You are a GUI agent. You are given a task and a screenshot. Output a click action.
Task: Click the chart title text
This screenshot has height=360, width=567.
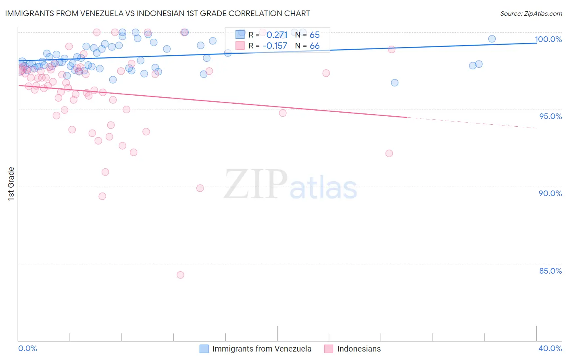pyautogui.click(x=157, y=13)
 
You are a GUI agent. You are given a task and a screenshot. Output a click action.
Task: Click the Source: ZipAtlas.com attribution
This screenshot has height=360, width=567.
pyautogui.click(x=531, y=13)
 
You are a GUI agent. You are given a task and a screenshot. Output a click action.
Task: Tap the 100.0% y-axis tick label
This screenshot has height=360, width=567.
pyautogui.click(x=548, y=39)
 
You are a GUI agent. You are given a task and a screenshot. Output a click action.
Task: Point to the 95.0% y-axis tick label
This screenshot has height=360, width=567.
pyautogui.click(x=550, y=116)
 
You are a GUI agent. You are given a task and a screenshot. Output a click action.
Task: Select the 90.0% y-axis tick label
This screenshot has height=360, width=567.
pyautogui.click(x=550, y=193)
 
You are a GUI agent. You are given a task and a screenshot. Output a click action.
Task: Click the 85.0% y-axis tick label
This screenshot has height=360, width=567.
pyautogui.click(x=550, y=271)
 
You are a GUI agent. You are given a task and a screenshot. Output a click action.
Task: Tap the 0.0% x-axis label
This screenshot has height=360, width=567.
pyautogui.click(x=27, y=348)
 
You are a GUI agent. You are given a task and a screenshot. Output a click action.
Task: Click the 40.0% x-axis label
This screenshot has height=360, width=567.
pyautogui.click(x=550, y=348)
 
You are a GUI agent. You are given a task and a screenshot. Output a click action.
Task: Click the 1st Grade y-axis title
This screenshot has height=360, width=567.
pyautogui.click(x=11, y=184)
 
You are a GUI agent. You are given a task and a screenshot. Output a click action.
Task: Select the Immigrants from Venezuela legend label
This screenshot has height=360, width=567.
pyautogui.click(x=262, y=349)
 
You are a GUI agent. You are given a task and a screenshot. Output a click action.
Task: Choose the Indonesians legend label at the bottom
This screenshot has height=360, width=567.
pyautogui.click(x=359, y=349)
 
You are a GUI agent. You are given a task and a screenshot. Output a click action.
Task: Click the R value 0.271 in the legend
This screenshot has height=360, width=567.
pyautogui.click(x=277, y=35)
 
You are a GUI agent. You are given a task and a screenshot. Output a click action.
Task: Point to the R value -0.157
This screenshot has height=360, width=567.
pyautogui.click(x=275, y=46)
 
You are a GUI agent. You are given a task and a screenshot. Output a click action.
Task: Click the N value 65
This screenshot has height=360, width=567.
pyautogui.click(x=315, y=35)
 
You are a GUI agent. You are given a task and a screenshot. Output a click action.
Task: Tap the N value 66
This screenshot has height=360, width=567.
pyautogui.click(x=315, y=46)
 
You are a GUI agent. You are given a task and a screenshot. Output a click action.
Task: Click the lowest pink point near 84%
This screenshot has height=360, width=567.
pyautogui.click(x=180, y=275)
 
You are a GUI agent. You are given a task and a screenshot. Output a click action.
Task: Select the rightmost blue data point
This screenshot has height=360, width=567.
pyautogui.click(x=492, y=39)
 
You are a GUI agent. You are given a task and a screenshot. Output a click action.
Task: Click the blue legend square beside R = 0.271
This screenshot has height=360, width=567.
pyautogui.click(x=240, y=35)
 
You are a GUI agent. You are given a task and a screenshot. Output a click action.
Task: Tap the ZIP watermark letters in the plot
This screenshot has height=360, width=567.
pyautogui.click(x=256, y=184)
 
